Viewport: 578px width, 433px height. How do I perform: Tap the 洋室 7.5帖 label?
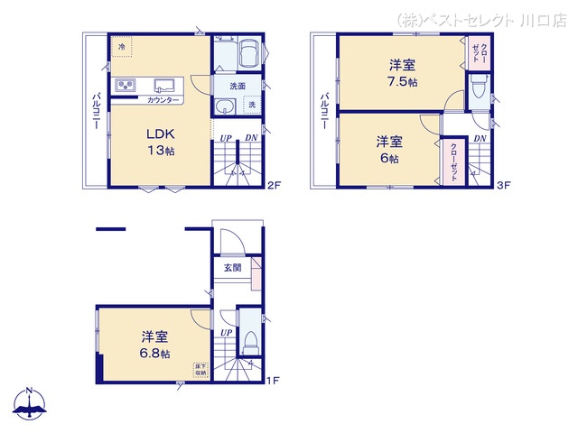coord(403,72)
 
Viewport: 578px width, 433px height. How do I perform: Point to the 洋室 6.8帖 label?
coord(154,344)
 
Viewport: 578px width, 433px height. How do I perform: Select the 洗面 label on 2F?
coord(237,86)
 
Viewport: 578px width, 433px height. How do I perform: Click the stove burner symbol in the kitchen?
coord(125,86)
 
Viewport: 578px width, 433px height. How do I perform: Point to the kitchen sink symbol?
coord(164,85)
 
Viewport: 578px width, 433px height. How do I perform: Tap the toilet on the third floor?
coord(478,88)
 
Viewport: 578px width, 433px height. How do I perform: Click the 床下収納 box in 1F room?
coord(200,369)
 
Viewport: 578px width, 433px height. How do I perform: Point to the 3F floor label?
coord(503,187)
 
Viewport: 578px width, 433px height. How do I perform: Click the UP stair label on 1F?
coord(224,333)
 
